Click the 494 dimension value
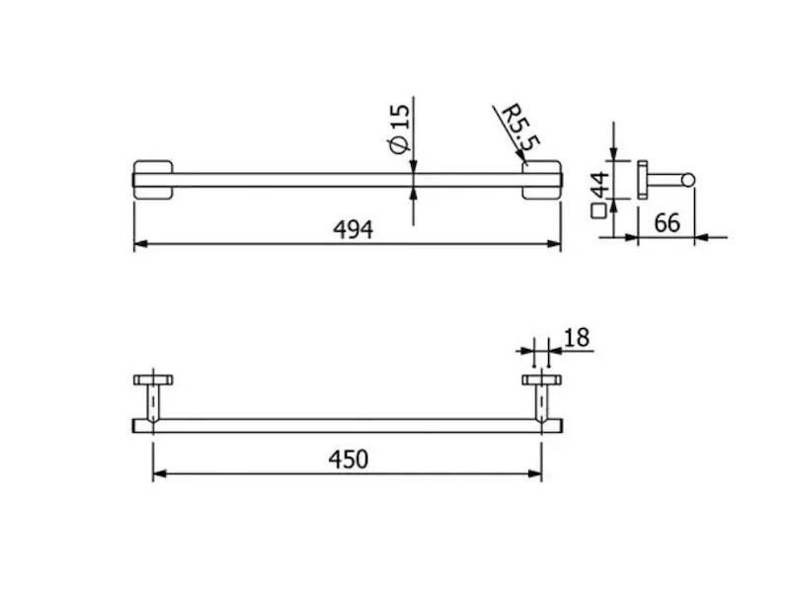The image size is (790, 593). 354,230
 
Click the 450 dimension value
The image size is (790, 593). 349,460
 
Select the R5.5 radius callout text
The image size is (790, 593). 521,128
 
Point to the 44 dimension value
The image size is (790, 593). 600,185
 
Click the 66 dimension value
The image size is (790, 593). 667,223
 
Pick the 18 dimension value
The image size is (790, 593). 577,338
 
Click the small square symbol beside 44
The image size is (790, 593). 598,211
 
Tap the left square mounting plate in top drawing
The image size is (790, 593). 153,180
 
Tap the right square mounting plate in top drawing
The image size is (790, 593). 541,180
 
